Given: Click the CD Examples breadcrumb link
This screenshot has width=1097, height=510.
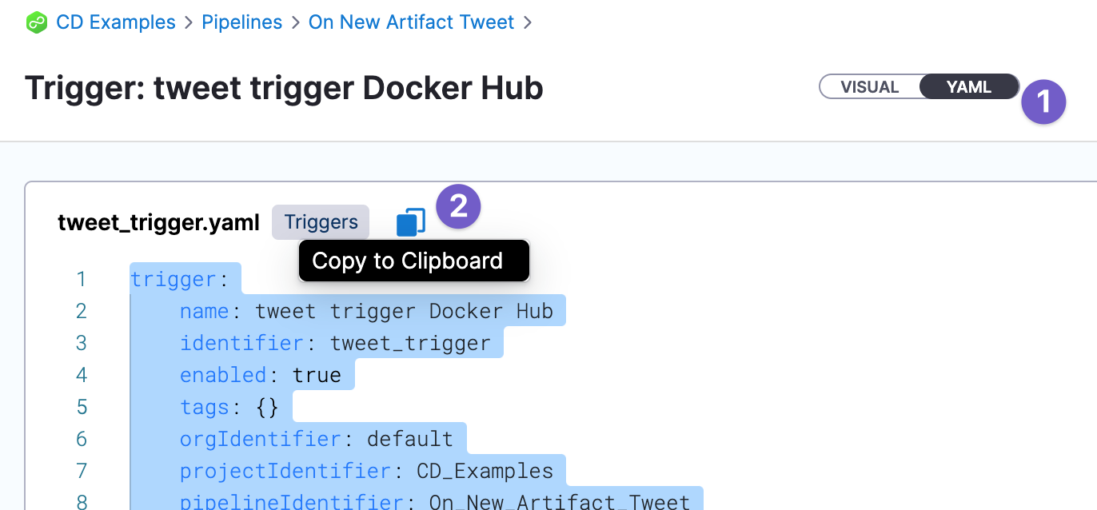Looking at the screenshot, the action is point(116,22).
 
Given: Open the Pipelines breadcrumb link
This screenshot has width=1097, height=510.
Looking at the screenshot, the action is point(242,22).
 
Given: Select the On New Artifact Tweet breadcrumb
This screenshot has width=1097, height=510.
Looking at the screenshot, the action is point(411,22).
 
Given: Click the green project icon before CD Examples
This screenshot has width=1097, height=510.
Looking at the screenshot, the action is point(37,22).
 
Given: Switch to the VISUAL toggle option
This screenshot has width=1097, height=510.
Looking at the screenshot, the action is point(870,86).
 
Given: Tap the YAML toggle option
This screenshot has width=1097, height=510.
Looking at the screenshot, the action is point(969,86).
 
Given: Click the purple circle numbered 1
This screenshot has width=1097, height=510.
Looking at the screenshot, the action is point(1043,102).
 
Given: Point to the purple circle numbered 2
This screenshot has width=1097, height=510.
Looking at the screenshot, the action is point(458,206).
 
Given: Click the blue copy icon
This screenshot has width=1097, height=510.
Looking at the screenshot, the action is point(410,222).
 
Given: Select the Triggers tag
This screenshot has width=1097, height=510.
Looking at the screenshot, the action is point(321,222).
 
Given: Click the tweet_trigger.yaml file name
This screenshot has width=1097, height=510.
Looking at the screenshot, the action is point(158,223).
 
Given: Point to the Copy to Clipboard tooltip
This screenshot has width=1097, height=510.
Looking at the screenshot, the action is point(414,261).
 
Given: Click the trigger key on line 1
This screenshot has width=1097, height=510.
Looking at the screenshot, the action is point(174,280).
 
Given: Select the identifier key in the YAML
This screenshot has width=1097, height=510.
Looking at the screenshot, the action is point(242,343).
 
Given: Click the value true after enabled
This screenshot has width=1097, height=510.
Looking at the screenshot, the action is point(317,376).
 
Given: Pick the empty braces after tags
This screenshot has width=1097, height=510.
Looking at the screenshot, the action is point(267,407).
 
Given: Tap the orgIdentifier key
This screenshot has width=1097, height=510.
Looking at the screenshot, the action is point(261,439).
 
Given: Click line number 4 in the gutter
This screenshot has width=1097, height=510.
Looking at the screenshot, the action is point(82,376).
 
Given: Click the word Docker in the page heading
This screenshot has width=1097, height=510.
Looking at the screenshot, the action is point(417,88).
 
